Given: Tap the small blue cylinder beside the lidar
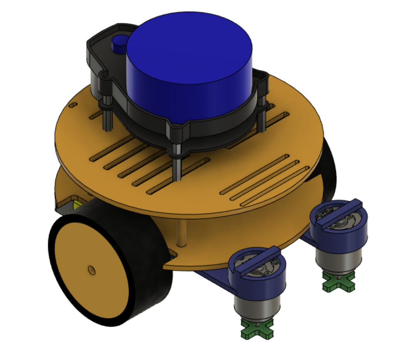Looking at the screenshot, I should pyautogui.click(x=120, y=44).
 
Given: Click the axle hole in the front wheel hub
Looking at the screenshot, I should pyautogui.click(x=92, y=270).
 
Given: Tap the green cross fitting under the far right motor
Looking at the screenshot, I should pyautogui.click(x=338, y=284).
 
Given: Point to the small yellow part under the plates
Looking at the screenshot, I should pyautogui.click(x=78, y=204).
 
